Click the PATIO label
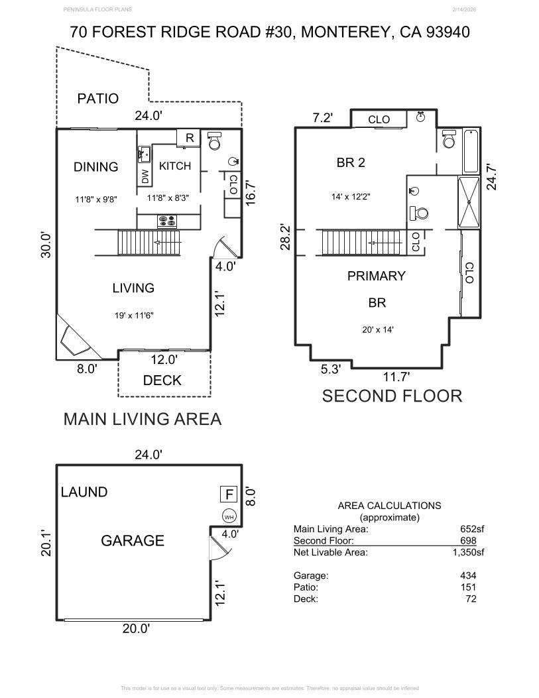click(98, 98)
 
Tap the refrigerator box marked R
click(189, 138)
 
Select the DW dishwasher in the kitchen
click(145, 177)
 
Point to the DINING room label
click(95, 167)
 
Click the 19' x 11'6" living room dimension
click(134, 316)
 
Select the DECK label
click(162, 380)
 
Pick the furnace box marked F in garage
click(229, 494)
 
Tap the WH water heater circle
click(229, 517)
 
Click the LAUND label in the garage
click(84, 492)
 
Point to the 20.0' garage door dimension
click(136, 628)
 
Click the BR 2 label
click(351, 162)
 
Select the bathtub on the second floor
click(471, 151)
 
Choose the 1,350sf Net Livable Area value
click(468, 552)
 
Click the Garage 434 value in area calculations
click(468, 575)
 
